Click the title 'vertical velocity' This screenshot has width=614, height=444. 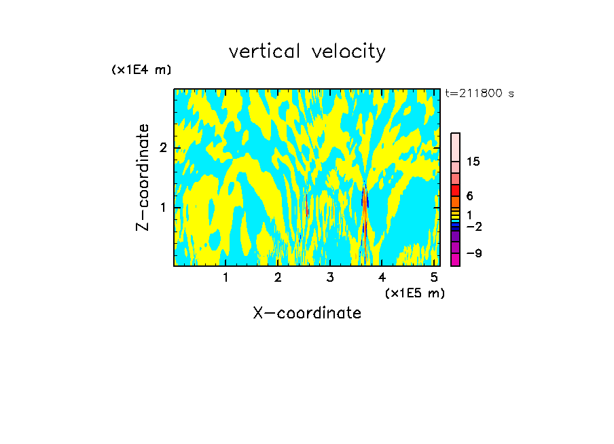(307, 52)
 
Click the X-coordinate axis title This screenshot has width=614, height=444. (307, 313)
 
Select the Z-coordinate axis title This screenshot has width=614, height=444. (143, 177)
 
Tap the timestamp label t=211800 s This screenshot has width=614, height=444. (480, 94)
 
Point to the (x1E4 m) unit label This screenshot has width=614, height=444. (141, 70)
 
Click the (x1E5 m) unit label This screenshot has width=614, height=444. (414, 293)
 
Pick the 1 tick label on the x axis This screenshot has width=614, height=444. (225, 277)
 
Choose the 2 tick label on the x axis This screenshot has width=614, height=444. (278, 277)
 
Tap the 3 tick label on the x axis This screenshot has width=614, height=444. (329, 277)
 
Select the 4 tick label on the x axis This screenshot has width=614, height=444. (382, 277)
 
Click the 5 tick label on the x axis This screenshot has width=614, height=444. (434, 277)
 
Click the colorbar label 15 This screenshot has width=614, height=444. (473, 162)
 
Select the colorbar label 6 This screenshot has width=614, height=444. (469, 196)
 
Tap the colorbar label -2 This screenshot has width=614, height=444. (473, 226)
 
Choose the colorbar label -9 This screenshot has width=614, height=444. (473, 253)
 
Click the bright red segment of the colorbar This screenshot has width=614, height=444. (455, 190)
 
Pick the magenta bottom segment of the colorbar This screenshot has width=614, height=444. (455, 259)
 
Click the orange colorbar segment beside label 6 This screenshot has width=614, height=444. (455, 202)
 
